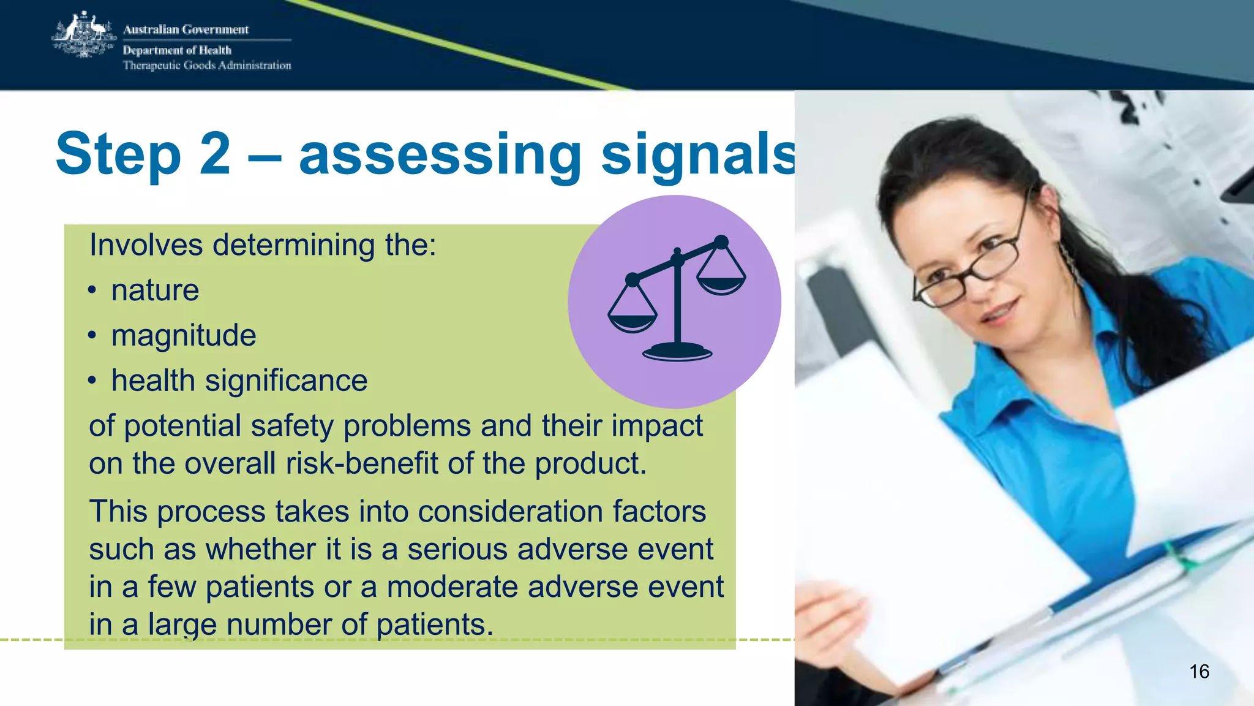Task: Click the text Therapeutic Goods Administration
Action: tap(207, 66)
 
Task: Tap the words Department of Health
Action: tap(177, 50)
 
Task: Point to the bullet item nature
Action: tap(155, 290)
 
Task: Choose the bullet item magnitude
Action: tap(183, 335)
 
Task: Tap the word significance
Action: tap(286, 381)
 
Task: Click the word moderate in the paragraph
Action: tap(452, 586)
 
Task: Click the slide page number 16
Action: tap(1199, 672)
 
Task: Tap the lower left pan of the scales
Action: tap(633, 321)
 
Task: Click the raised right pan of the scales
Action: tap(721, 283)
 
